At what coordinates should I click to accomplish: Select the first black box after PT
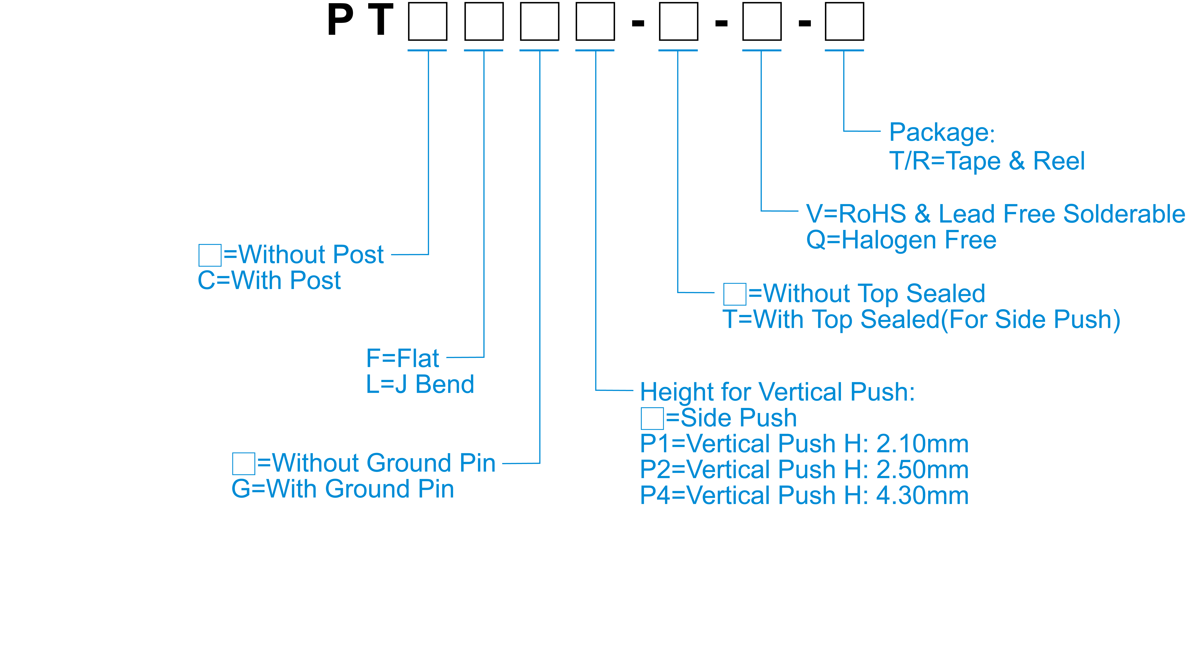click(x=427, y=21)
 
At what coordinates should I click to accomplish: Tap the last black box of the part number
click(x=844, y=21)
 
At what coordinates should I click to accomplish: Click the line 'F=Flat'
click(x=402, y=358)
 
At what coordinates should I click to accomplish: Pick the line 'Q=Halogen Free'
click(x=901, y=240)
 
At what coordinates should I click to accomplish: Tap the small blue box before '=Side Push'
click(x=652, y=418)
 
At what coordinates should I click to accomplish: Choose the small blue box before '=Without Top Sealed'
click(x=735, y=294)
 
